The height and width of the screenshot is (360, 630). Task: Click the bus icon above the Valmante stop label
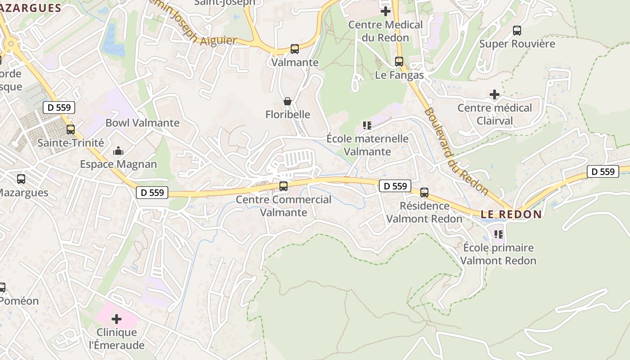click(295, 49)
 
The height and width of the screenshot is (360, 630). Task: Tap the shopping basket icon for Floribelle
click(288, 101)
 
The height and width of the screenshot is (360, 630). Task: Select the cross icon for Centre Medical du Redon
click(386, 11)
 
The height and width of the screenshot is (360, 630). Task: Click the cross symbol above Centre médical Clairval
click(495, 94)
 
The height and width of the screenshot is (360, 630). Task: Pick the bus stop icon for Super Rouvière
click(517, 31)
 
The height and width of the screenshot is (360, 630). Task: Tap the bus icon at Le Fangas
click(399, 62)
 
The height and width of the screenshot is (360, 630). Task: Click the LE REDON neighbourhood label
click(511, 214)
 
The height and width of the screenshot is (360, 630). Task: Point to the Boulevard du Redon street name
click(456, 151)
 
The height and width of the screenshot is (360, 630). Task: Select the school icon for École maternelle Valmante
click(367, 126)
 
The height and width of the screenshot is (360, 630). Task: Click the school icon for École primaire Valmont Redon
click(499, 234)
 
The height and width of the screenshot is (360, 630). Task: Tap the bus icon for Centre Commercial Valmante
click(283, 186)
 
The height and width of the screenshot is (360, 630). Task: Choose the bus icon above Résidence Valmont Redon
click(424, 193)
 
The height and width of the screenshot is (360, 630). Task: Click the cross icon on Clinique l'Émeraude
click(117, 319)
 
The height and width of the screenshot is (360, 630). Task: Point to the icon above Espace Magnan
click(118, 151)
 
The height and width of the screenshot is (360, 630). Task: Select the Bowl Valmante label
click(142, 123)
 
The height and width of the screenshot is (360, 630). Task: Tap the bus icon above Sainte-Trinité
click(71, 130)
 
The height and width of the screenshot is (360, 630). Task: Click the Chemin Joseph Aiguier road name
click(193, 27)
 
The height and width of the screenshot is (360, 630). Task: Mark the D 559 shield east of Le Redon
click(603, 171)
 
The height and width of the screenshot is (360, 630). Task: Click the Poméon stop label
click(19, 301)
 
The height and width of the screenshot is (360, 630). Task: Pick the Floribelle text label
click(288, 114)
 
